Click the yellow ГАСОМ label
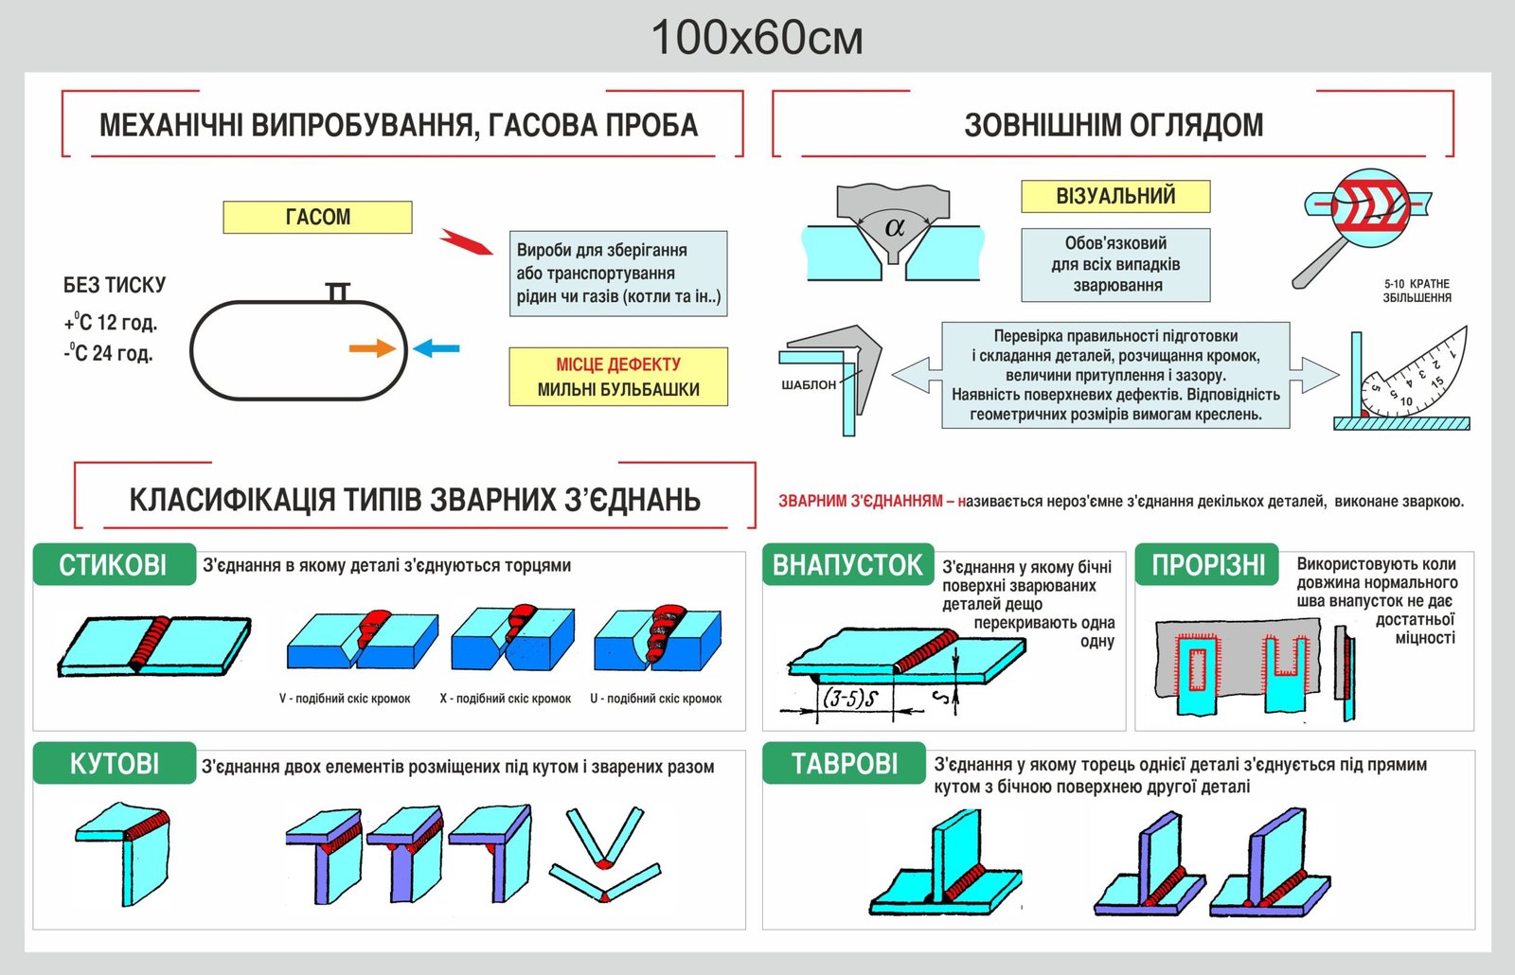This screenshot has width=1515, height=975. pos(317,217)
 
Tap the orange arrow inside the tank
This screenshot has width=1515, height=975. pos(372,348)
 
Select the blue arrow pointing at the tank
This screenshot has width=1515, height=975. pos(437,348)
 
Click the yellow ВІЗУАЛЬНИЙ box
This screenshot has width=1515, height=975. pos(1115,196)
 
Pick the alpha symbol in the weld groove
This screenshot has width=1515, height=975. pos(895,227)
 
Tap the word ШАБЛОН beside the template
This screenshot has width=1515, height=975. pos(809,385)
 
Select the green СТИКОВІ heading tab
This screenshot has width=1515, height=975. pos(114,565)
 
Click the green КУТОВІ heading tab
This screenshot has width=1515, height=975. pos(114,763)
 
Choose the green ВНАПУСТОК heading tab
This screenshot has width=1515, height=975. pos(847,565)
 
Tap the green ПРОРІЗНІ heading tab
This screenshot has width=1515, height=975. pos(1207,565)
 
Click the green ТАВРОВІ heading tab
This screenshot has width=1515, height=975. pos(844,763)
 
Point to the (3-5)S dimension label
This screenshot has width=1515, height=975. pos(850,699)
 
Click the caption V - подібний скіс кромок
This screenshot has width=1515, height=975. pos(345,699)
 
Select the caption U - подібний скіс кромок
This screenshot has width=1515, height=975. pos(656,699)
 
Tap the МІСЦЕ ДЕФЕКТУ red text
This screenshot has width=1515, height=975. pos(618,364)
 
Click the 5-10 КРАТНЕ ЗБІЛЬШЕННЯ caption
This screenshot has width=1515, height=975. pos(1417,291)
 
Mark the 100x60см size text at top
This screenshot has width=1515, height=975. pos(757,38)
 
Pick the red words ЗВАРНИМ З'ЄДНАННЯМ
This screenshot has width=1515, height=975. pos(861,501)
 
